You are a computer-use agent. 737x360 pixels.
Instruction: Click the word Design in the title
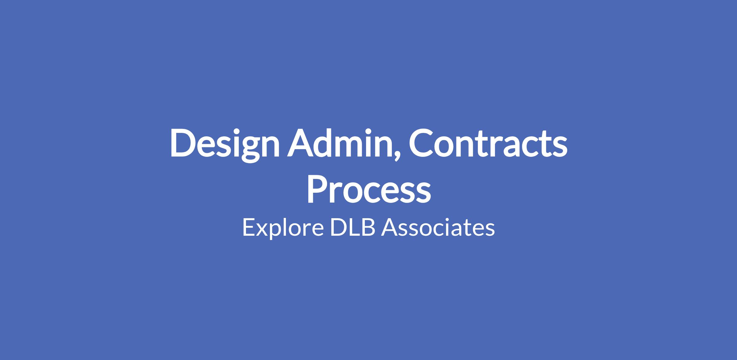pyautogui.click(x=225, y=145)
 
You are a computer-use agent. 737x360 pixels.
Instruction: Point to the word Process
pyautogui.click(x=369, y=189)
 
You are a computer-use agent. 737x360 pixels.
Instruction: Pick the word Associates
pyautogui.click(x=438, y=227)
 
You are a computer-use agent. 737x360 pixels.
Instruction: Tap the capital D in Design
pyautogui.click(x=183, y=142)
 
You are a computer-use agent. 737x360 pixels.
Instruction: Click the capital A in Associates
pyautogui.click(x=390, y=227)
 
